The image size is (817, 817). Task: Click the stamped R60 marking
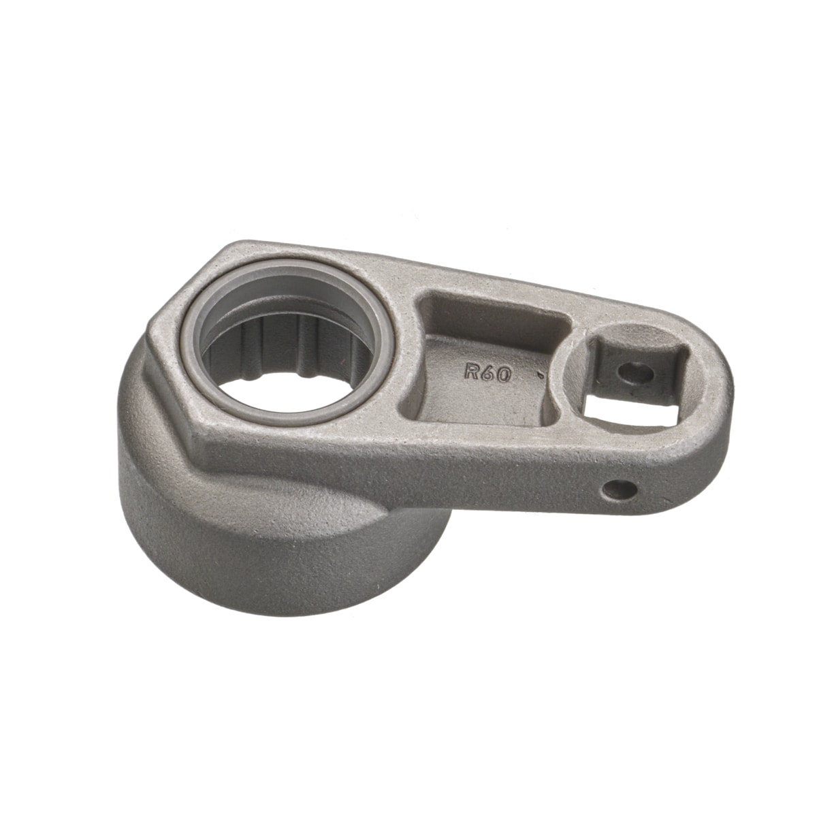(x=487, y=373)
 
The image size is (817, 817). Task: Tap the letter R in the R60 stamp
(x=471, y=371)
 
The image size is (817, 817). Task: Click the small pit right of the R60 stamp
(x=540, y=374)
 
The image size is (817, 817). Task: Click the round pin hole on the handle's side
(x=620, y=490)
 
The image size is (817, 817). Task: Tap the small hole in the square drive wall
(x=635, y=373)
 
